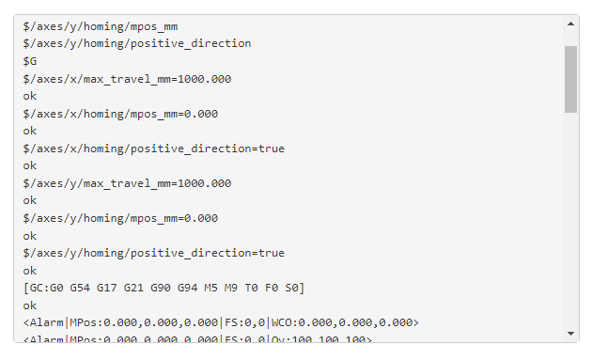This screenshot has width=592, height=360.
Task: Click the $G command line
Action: (30, 61)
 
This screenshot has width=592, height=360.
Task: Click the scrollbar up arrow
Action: (570, 23)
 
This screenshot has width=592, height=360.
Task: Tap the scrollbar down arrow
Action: (570, 333)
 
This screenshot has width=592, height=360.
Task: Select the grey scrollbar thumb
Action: (570, 79)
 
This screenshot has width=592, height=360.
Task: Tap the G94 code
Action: (192, 288)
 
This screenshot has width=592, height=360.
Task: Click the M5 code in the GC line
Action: (216, 288)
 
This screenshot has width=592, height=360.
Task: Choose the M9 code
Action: (236, 288)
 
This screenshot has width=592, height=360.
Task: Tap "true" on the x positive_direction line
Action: (271, 149)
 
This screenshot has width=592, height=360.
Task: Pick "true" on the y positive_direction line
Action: (271, 253)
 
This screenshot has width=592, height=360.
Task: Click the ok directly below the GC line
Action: (30, 305)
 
